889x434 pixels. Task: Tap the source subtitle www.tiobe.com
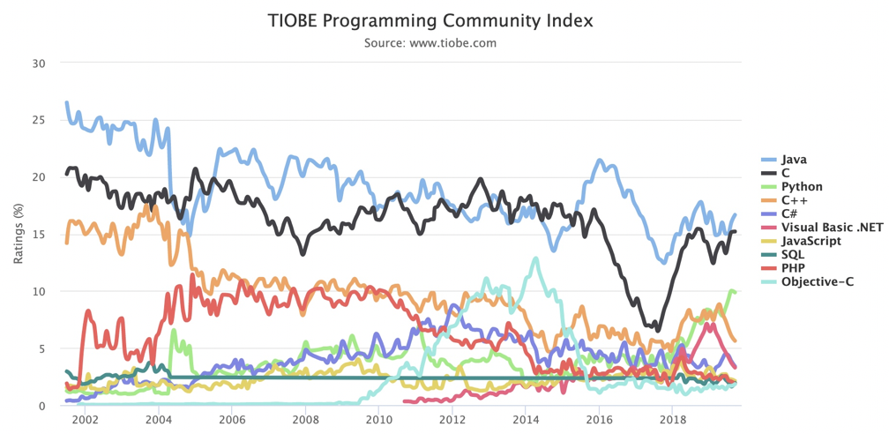(x=430, y=42)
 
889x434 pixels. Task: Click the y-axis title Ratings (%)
(x=19, y=234)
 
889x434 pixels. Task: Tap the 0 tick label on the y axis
(x=41, y=406)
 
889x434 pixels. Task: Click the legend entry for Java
(x=794, y=160)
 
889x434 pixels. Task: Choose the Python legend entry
(x=802, y=187)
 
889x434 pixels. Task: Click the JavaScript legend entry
(x=811, y=241)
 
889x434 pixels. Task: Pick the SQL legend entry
(x=793, y=254)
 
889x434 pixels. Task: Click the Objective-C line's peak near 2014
(x=535, y=258)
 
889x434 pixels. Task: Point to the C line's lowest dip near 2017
(x=658, y=330)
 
